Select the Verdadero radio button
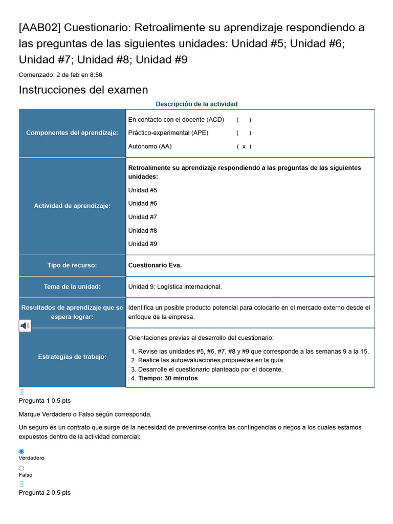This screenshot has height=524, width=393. tap(21, 451)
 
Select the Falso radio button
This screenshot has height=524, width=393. tap(21, 468)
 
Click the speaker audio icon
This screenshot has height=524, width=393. tap(25, 325)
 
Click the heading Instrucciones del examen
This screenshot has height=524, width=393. tap(83, 90)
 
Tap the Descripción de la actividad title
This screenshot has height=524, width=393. tap(196, 104)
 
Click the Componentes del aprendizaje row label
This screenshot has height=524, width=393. tap(72, 133)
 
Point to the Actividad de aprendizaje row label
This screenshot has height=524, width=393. tap(72, 206)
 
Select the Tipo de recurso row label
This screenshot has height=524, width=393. tap(72, 265)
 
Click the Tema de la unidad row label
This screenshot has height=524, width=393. tap(72, 287)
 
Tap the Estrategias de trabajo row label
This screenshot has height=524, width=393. tap(72, 357)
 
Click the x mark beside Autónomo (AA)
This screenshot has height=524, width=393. tap(244, 146)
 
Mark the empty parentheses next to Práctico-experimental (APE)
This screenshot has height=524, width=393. tap(244, 133)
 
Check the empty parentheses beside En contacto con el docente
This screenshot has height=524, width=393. tap(244, 120)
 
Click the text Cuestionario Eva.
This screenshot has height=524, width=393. tap(155, 265)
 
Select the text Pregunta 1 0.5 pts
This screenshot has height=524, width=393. tap(45, 401)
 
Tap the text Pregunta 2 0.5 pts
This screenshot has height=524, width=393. tap(45, 493)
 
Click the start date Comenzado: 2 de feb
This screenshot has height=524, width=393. tap(60, 75)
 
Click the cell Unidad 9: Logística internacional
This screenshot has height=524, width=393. tap(175, 287)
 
